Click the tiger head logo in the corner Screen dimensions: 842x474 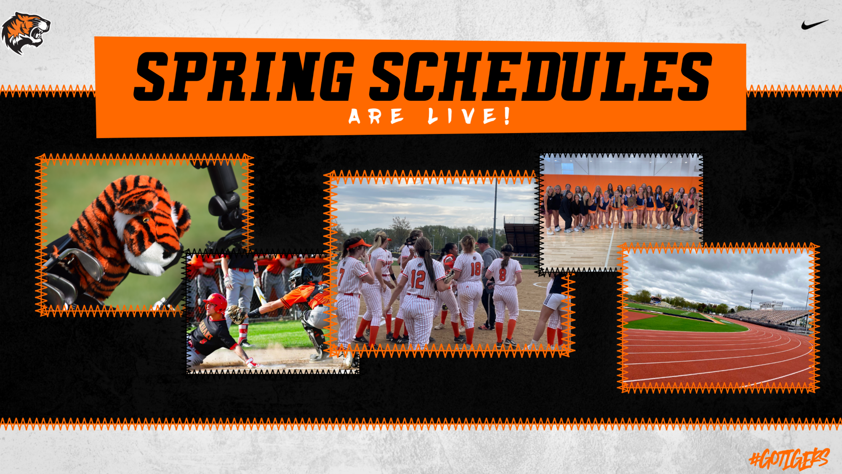pyautogui.click(x=26, y=33)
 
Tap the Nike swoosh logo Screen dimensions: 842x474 pyautogui.click(x=815, y=25)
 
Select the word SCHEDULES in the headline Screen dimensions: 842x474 pyautogui.click(x=541, y=77)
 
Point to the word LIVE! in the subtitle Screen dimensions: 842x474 pyautogui.click(x=469, y=115)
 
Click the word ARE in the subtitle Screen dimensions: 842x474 pyautogui.click(x=376, y=116)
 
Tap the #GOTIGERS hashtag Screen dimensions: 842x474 pyautogui.click(x=789, y=459)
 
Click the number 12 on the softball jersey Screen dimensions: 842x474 pyautogui.click(x=418, y=279)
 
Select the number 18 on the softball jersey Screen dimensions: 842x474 pyautogui.click(x=475, y=269)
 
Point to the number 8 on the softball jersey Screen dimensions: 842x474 pyautogui.click(x=502, y=274)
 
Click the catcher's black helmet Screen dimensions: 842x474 pyautogui.click(x=300, y=276)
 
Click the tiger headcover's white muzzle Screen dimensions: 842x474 pyautogui.click(x=149, y=249)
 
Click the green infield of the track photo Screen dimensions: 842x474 pyautogui.click(x=682, y=323)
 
